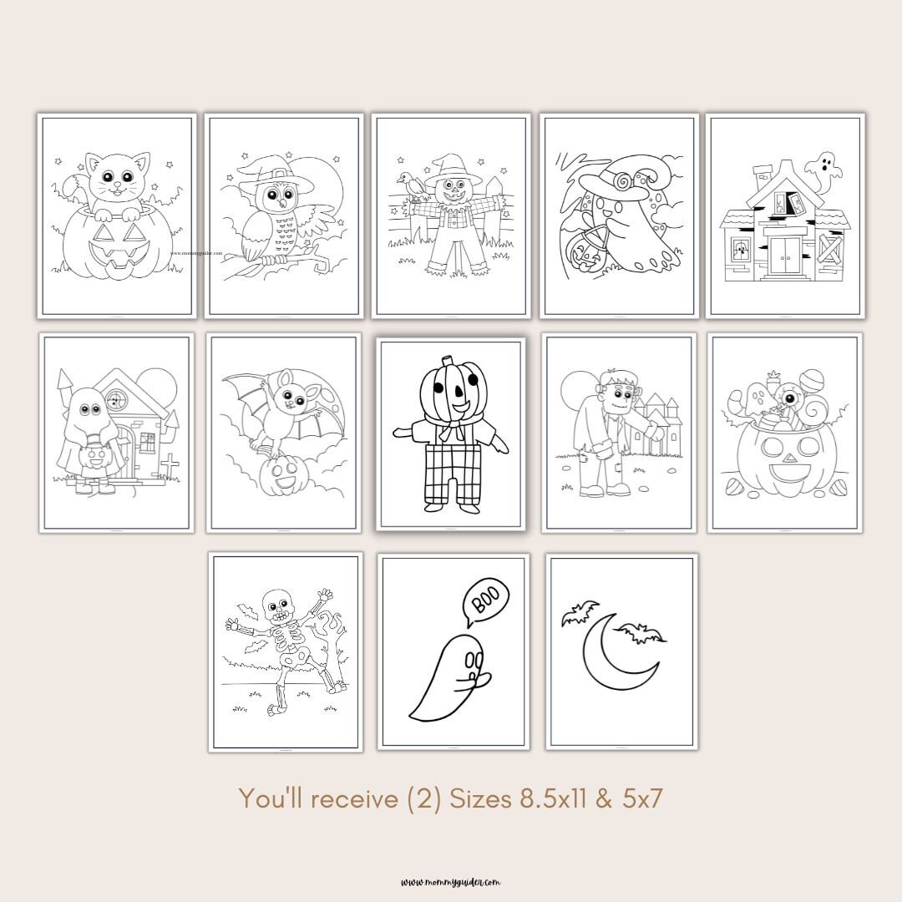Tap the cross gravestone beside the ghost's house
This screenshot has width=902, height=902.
click(x=170, y=465)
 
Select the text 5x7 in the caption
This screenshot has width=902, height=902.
click(x=642, y=799)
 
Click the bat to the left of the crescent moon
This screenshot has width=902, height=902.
click(x=580, y=615)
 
